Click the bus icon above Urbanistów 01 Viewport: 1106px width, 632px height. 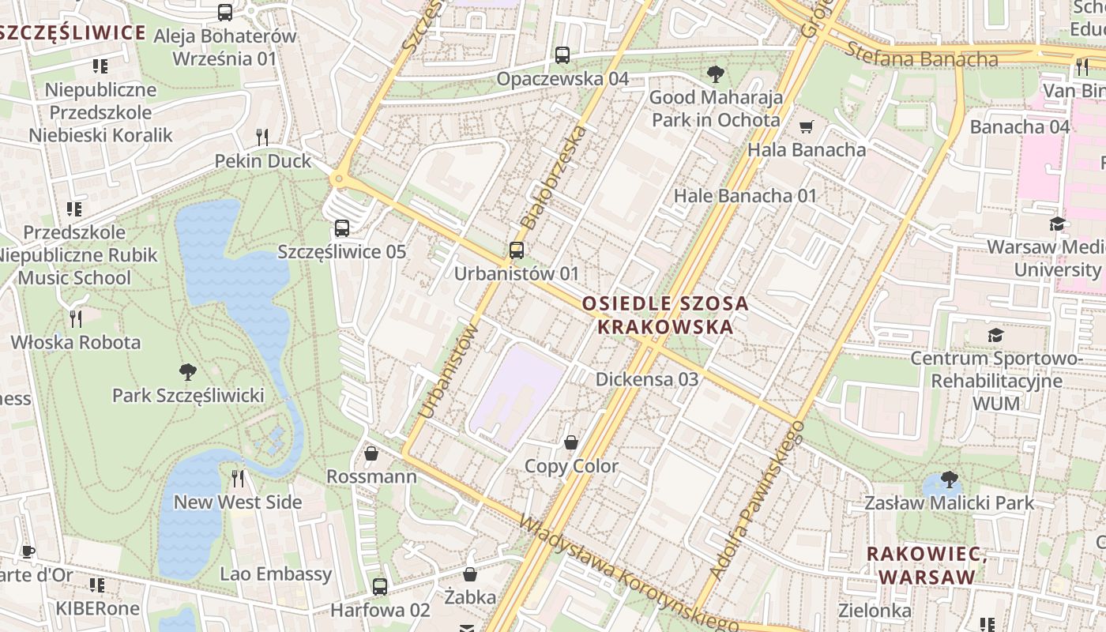516,250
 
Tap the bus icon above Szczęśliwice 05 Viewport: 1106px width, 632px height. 341,228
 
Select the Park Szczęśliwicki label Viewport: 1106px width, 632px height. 188,395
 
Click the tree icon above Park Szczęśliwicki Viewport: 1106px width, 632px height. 188,372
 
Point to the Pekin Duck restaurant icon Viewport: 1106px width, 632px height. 263,137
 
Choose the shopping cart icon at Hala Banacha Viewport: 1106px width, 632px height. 806,126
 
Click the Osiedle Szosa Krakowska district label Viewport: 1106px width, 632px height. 664,314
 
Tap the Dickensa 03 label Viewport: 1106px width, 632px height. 647,379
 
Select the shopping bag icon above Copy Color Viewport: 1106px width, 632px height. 571,443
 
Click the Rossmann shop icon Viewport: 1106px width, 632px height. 371,453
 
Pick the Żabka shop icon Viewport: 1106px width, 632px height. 470,574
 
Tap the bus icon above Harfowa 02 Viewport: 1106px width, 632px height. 380,587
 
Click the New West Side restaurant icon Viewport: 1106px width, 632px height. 238,479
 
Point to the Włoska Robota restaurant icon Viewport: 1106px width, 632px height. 76,319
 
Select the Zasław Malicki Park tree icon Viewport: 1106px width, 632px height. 949,480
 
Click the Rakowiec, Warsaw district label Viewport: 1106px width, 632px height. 927,565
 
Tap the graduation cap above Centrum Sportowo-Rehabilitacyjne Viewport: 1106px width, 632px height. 995,336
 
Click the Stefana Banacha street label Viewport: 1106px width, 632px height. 921,57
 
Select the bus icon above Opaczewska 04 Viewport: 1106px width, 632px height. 562,55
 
